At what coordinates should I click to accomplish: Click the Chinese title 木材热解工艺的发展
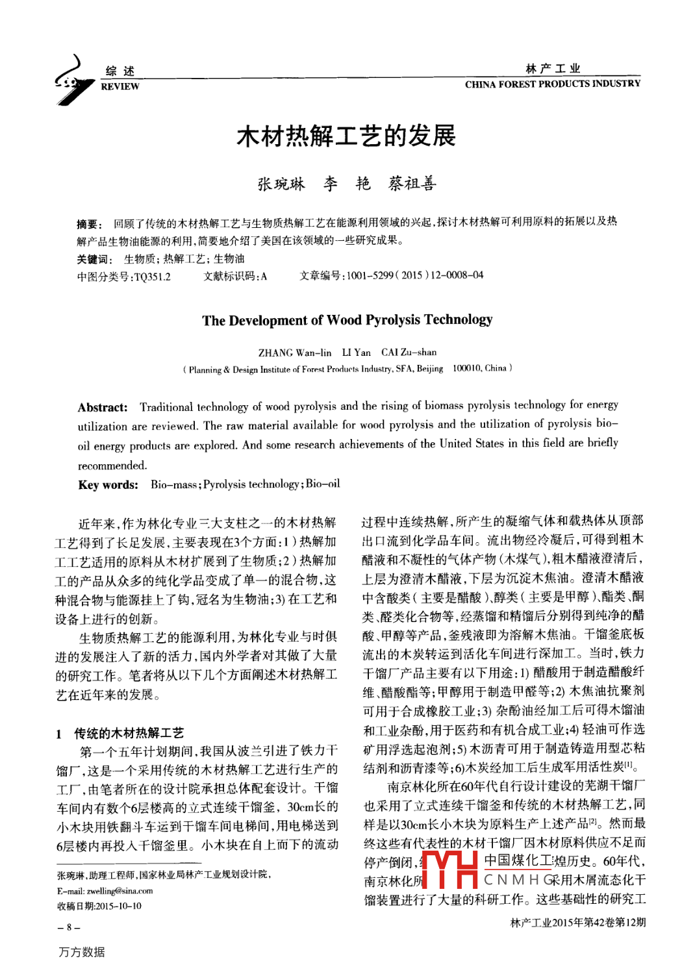tap(346, 136)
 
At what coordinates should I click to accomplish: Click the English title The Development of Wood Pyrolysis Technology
tap(347, 320)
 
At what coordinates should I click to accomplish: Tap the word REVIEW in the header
tap(120, 86)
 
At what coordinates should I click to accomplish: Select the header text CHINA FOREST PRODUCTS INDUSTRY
tap(552, 84)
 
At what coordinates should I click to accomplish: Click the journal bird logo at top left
tap(73, 80)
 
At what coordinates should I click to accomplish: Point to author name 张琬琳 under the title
tap(281, 184)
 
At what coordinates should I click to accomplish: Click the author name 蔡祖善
tap(412, 184)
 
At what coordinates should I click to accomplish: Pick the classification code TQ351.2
tap(152, 277)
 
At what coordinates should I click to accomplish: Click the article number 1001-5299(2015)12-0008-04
tap(414, 275)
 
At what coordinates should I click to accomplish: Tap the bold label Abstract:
tap(103, 408)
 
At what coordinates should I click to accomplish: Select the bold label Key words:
tap(108, 485)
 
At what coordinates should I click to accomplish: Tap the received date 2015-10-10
tap(118, 906)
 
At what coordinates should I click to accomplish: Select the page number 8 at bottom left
tap(68, 927)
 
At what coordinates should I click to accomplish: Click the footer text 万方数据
tap(82, 952)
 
